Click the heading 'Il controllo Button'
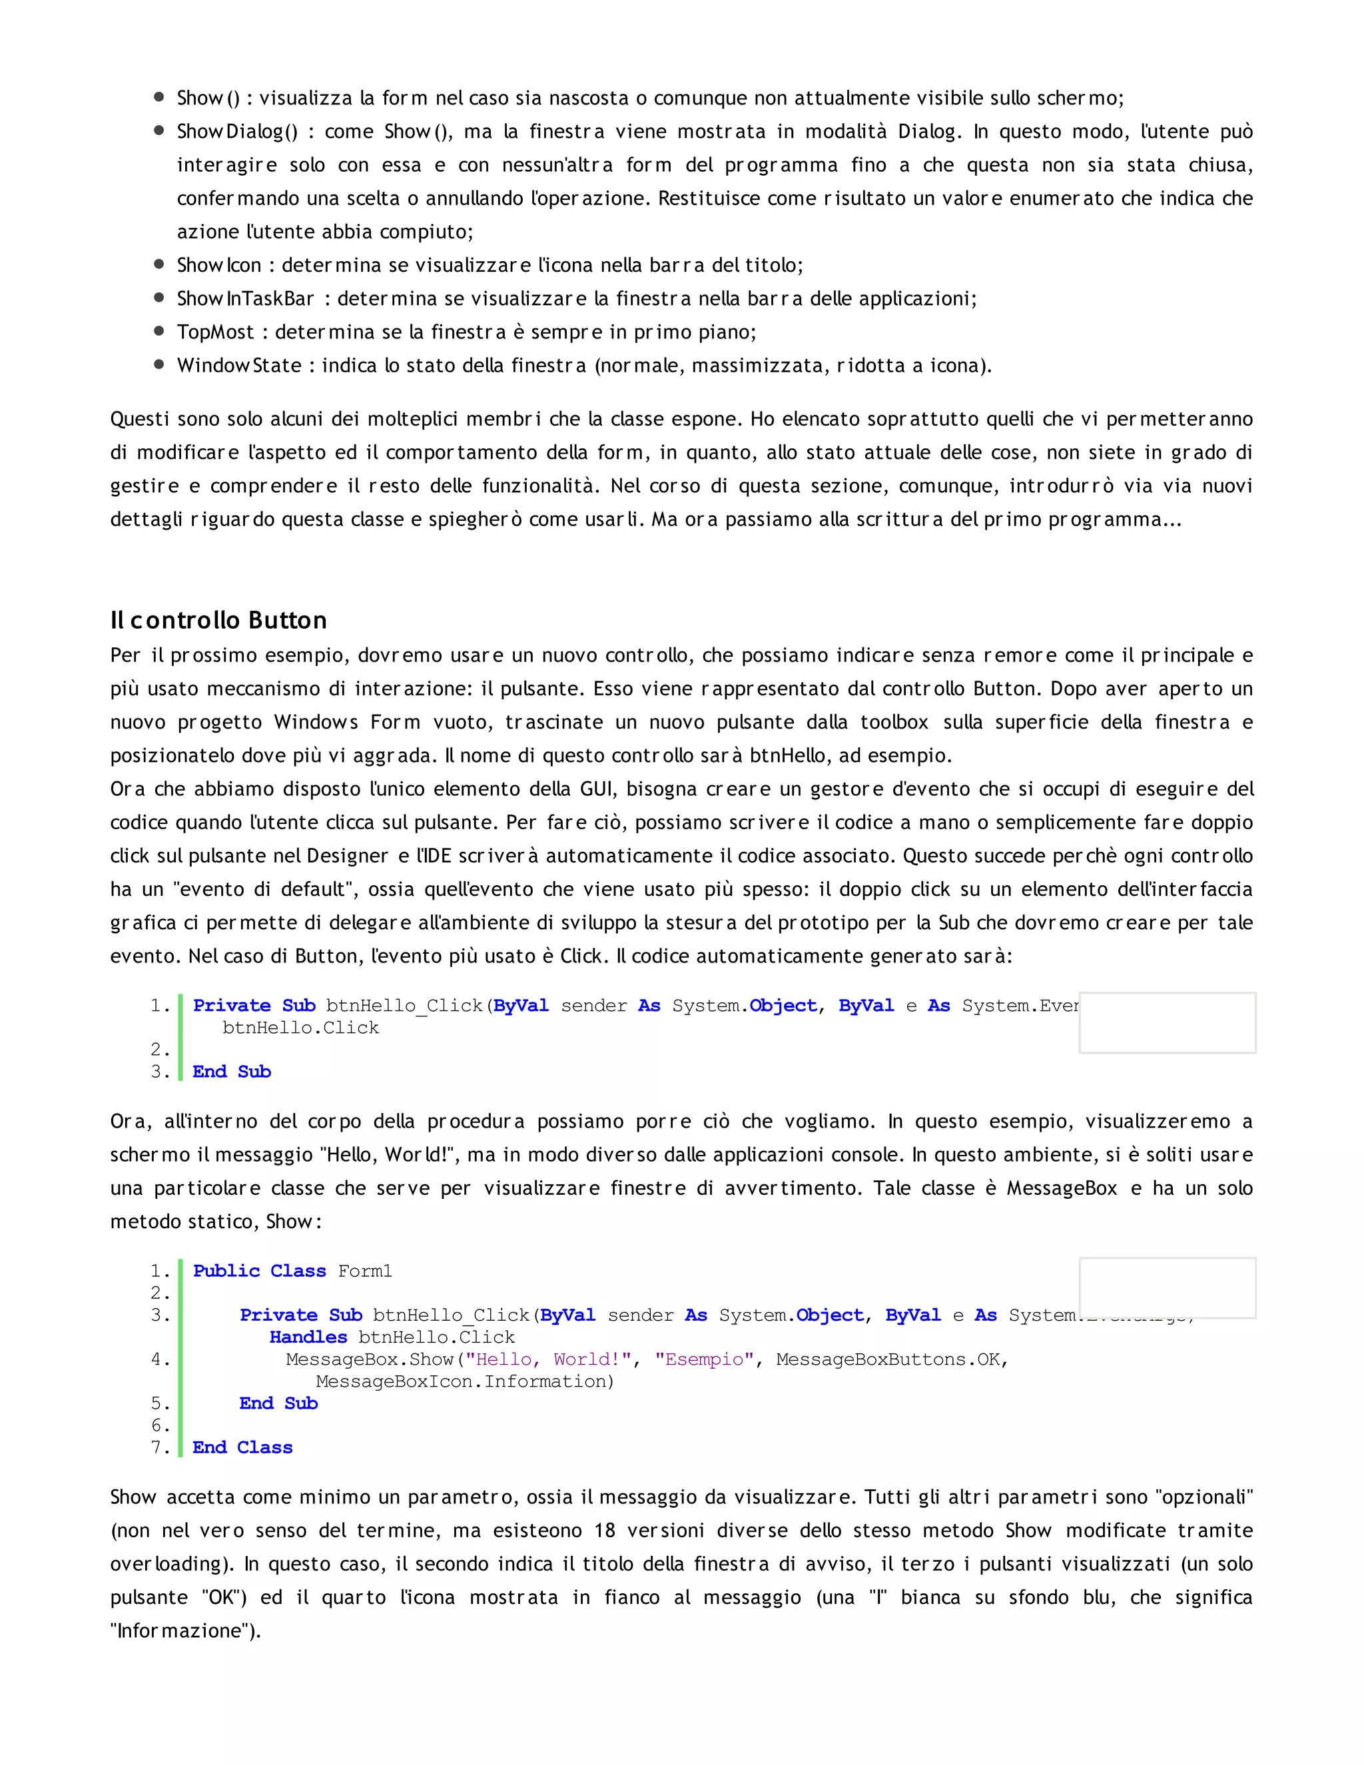click(218, 620)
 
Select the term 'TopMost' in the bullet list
click(216, 332)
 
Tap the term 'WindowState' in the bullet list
click(239, 365)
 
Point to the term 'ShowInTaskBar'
click(246, 299)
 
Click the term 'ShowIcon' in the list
click(219, 265)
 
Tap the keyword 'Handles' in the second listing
click(308, 1337)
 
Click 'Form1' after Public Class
click(364, 1271)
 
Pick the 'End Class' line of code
click(242, 1447)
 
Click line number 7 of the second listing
click(159, 1447)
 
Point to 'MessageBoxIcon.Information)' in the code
click(465, 1381)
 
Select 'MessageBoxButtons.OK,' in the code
click(892, 1359)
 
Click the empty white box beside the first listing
click(1167, 1022)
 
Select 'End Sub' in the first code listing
click(232, 1072)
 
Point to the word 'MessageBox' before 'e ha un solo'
click(1061, 1188)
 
